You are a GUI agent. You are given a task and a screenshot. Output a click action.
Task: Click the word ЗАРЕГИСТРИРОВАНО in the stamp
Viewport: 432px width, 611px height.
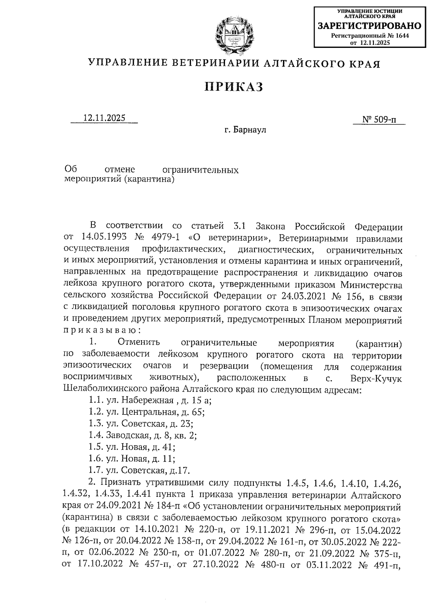(369, 26)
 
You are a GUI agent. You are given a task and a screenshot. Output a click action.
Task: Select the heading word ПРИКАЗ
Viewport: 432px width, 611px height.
(234, 87)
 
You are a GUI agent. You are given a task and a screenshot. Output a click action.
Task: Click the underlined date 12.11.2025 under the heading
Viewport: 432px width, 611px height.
(104, 118)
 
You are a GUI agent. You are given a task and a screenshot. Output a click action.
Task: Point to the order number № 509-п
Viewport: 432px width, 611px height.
(379, 119)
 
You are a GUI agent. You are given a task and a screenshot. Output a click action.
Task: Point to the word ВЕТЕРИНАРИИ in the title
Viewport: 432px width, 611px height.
(215, 64)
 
